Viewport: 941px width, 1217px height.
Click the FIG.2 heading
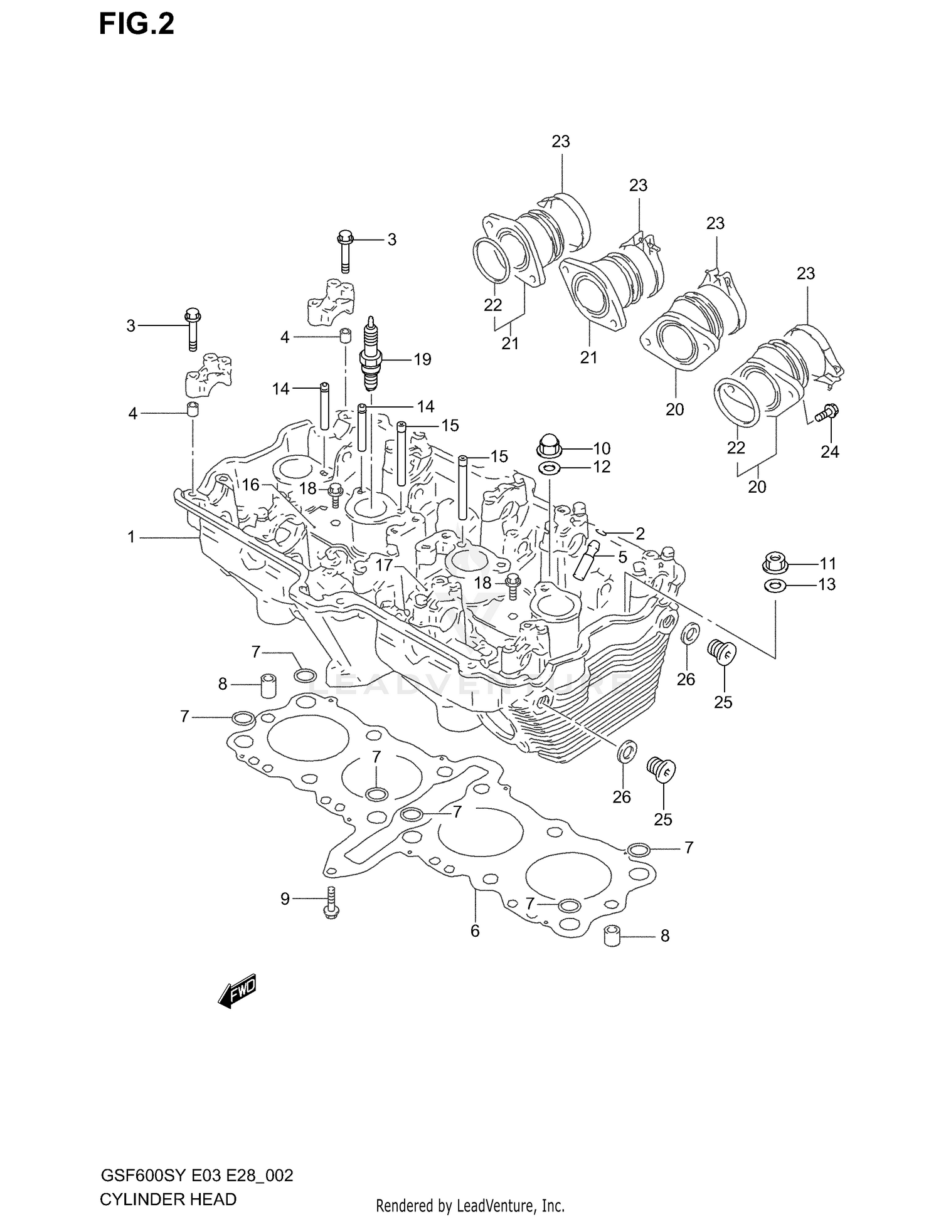136,25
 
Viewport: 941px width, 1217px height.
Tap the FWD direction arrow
238,991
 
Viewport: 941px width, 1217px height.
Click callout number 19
422,359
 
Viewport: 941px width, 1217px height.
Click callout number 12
601,467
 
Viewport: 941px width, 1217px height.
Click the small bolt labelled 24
827,413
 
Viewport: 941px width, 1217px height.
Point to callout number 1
131,537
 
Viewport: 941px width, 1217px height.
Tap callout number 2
640,534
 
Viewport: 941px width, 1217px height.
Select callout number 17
383,565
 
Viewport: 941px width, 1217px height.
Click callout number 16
251,485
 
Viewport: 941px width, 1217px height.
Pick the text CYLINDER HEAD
167,1199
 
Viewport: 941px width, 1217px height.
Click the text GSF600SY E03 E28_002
196,1176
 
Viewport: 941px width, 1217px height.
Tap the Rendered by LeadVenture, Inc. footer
470,1206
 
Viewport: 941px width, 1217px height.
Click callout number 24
829,451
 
